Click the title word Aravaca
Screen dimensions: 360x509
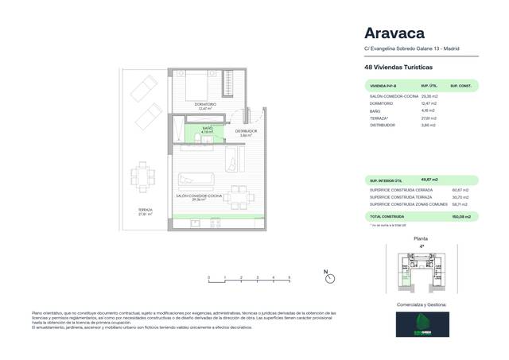(394, 33)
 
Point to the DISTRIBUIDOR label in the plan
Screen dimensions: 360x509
(246, 132)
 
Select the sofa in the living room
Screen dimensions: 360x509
(195, 179)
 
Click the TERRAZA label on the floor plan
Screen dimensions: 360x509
(143, 211)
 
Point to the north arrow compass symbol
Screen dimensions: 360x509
(327, 277)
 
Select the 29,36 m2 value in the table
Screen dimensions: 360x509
(430, 95)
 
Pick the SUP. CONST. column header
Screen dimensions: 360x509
(461, 85)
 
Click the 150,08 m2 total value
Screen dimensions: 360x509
(462, 216)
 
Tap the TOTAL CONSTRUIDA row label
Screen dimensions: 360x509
(389, 216)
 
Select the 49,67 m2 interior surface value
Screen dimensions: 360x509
(430, 180)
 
